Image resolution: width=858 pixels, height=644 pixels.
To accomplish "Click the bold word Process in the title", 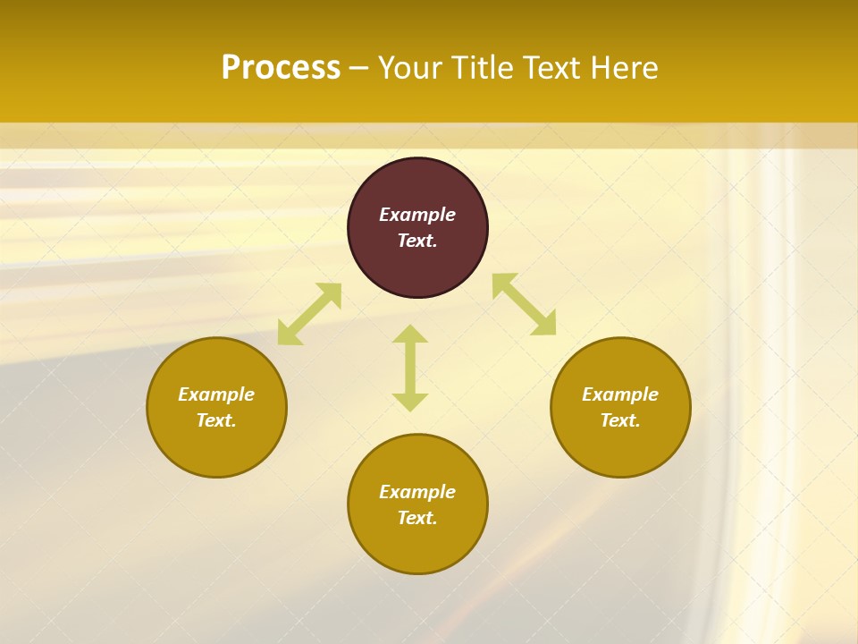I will pyautogui.click(x=281, y=68).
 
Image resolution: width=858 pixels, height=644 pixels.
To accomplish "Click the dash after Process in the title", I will pyautogui.click(x=358, y=69).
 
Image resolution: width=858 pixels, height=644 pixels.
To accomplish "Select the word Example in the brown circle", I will pyautogui.click(x=417, y=215).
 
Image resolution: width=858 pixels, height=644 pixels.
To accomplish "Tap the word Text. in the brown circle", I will pyautogui.click(x=417, y=241).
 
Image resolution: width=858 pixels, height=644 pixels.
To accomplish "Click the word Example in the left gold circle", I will pyautogui.click(x=216, y=394).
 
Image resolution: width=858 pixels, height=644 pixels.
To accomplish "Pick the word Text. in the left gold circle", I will pyautogui.click(x=216, y=420).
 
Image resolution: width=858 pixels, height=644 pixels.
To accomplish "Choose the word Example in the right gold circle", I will pyautogui.click(x=620, y=394).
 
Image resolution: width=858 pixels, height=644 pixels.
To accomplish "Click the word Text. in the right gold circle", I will pyautogui.click(x=620, y=420).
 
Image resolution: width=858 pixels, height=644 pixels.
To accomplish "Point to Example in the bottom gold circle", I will pyautogui.click(x=417, y=492).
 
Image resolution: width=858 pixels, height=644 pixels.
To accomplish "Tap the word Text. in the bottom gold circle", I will pyautogui.click(x=417, y=518).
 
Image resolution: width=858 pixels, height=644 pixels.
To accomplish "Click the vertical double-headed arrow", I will pyautogui.click(x=410, y=368).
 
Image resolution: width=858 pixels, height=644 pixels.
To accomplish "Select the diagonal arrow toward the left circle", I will pyautogui.click(x=309, y=314).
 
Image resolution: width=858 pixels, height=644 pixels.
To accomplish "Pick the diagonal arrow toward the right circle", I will pyautogui.click(x=524, y=304).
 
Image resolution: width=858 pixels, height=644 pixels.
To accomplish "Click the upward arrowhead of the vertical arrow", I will pyautogui.click(x=410, y=334).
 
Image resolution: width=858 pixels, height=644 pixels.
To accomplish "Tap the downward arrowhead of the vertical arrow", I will pyautogui.click(x=410, y=402).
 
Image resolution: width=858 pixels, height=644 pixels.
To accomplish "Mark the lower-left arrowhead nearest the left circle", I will pyautogui.click(x=288, y=335).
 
